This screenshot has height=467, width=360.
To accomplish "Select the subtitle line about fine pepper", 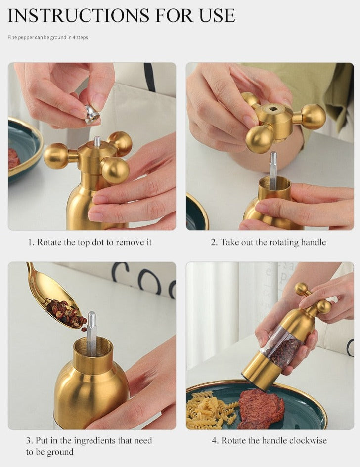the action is [x=47, y=37].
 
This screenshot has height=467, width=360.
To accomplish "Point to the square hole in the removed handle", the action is [x=272, y=111].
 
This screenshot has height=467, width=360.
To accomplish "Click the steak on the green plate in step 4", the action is [x=260, y=409].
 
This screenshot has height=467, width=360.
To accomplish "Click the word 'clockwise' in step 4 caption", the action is [x=308, y=440].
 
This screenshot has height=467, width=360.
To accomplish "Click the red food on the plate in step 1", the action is [x=13, y=158].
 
